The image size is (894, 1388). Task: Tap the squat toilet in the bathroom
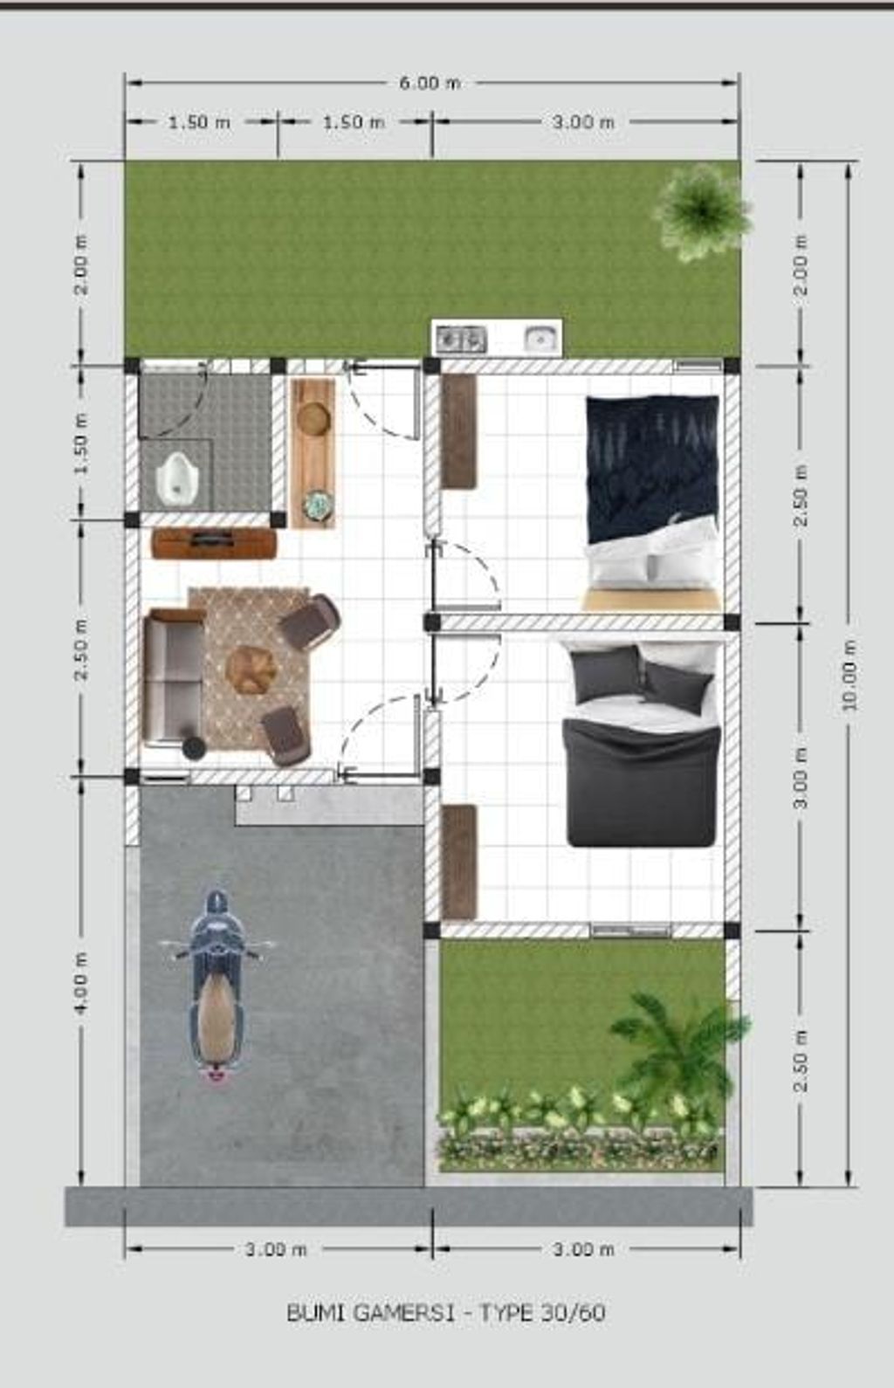pos(177,479)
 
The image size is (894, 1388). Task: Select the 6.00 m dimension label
pos(430,83)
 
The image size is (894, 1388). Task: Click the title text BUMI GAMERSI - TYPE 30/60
pos(446,1313)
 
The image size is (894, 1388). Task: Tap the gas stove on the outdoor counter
pos(460,338)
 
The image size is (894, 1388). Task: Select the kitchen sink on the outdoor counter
pos(540,338)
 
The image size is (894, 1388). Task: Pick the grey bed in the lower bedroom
pos(642,746)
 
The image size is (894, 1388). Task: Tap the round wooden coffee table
pos(251,670)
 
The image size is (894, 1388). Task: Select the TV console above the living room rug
pos(214,543)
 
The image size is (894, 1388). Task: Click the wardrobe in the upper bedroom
pos(458,431)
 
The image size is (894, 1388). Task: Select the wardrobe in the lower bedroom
pos(458,861)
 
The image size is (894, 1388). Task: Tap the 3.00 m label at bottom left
pos(276,1250)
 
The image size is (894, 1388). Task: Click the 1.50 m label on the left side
pos(80,443)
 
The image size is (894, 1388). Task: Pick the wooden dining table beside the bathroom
pos(313,453)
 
